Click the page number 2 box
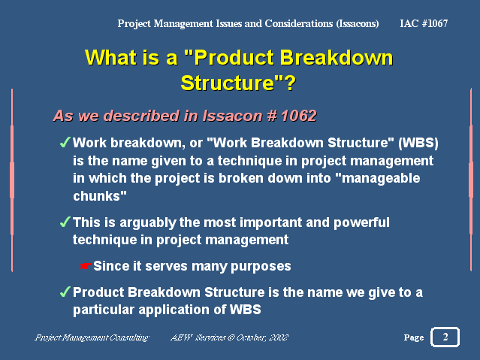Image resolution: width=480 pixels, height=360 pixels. [445, 337]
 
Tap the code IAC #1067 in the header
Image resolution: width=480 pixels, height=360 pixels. [424, 23]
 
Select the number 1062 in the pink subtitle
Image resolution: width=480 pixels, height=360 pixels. [298, 116]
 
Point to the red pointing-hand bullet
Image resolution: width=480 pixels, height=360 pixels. [85, 266]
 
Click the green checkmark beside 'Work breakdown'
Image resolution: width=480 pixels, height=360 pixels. [65, 142]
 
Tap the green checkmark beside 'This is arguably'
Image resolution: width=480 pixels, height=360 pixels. [65, 222]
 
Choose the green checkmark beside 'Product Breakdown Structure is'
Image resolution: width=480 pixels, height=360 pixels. [65, 292]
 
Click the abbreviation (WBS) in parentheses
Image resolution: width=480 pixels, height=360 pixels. [418, 143]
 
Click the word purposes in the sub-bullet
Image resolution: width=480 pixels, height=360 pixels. [261, 267]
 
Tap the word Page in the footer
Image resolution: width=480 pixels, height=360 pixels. [414, 337]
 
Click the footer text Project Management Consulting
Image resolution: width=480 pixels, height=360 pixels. [92, 337]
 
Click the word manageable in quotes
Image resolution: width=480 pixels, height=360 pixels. [381, 179]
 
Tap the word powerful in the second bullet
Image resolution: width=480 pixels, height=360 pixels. [361, 222]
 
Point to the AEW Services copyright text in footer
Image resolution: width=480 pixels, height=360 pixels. [229, 337]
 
